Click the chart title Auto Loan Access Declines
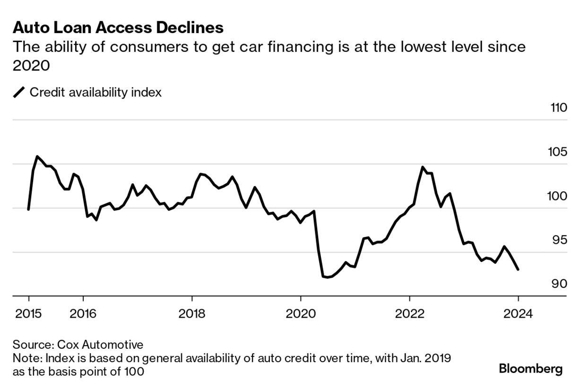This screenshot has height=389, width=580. (x=118, y=28)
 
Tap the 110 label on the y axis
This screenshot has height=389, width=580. (x=558, y=108)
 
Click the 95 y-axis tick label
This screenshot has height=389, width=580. (x=559, y=240)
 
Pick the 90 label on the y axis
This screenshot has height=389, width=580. (x=559, y=284)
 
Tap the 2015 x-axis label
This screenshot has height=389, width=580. (x=29, y=313)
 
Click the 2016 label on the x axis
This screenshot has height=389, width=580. (x=83, y=313)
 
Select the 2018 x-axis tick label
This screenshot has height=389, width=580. (x=192, y=313)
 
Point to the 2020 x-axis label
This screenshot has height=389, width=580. (x=301, y=313)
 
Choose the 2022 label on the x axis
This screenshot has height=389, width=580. (x=409, y=313)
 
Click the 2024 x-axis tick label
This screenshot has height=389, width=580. (x=518, y=313)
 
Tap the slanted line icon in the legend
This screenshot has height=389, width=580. (x=19, y=92)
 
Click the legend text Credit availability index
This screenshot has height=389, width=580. (x=95, y=92)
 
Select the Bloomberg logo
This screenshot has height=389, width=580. (x=531, y=369)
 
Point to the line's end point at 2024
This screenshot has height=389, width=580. (x=518, y=270)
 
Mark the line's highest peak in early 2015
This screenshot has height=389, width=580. (x=38, y=156)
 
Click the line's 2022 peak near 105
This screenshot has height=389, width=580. (x=423, y=167)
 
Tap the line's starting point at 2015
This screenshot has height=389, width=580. (x=29, y=209)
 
